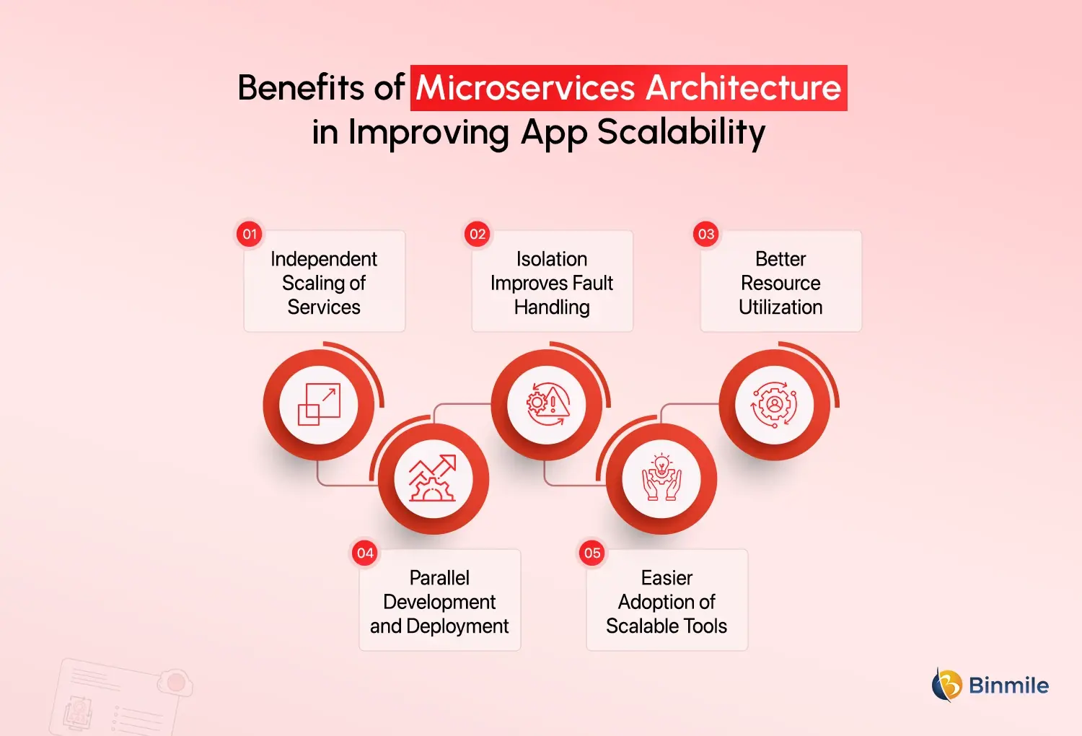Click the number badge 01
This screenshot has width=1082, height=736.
point(250,234)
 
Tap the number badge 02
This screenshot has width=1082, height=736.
point(478,234)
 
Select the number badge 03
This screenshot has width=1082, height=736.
point(706,234)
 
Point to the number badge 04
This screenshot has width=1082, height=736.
point(365,553)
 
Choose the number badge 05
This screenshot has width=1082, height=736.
point(592,553)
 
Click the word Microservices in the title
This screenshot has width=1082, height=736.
point(526,88)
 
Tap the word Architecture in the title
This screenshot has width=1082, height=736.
point(743,88)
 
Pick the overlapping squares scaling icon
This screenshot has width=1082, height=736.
point(319,404)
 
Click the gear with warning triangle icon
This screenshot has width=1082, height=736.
point(547,404)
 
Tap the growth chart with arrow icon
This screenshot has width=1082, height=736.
point(433,478)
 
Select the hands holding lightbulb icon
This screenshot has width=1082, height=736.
point(661,478)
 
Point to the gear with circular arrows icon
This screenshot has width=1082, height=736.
point(774,404)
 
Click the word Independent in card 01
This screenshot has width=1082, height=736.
point(324,259)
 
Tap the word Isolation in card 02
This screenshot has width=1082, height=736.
point(552,259)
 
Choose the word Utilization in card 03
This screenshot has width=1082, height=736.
point(780,307)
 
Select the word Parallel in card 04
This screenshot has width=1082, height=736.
point(439,578)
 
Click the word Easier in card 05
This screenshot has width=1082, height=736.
point(667,578)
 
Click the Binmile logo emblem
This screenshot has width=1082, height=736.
point(946,685)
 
